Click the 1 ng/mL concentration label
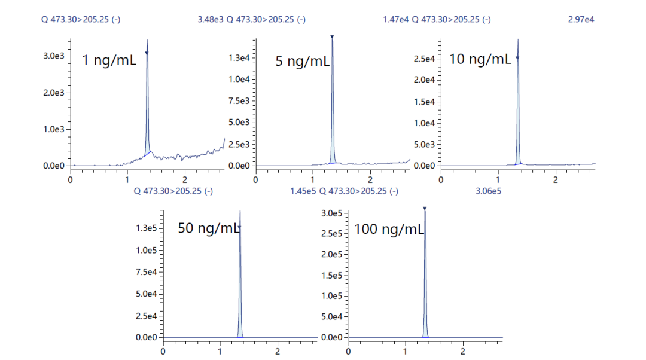pos(109,60)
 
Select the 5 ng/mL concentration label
pos(303,61)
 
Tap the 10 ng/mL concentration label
pos(480,59)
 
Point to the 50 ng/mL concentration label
pos(209,228)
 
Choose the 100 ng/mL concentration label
pos(389,228)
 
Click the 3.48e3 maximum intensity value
pos(210,20)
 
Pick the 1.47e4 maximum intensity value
pos(396,20)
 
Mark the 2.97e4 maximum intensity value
pos(581,20)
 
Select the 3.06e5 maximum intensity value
pos(487,191)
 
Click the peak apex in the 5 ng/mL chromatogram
pos(332,37)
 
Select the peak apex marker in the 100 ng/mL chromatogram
pos(425,209)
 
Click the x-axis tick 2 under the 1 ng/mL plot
pos(185,179)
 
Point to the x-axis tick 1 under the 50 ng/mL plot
pos(220,351)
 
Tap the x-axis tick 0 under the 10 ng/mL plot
pos(441,179)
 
